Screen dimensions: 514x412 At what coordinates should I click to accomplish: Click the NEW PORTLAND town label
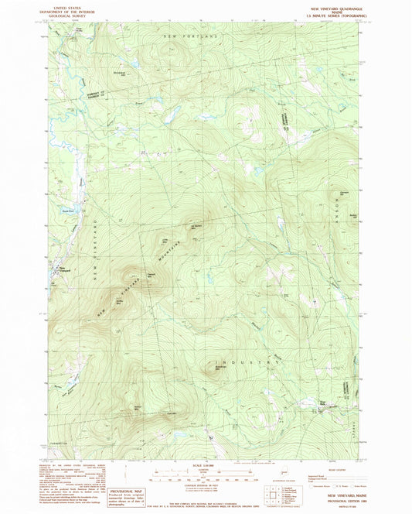pos(189,36)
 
